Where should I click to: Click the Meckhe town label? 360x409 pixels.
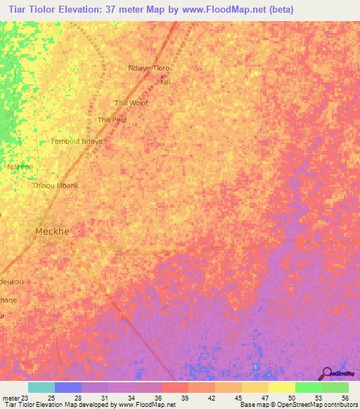(x=53, y=231)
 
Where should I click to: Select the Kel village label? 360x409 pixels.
(x=165, y=82)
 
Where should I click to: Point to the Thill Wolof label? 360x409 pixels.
(x=131, y=103)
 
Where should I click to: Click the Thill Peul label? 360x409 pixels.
(x=112, y=120)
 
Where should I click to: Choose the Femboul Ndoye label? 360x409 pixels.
(x=77, y=141)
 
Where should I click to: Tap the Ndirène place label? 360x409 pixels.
(x=19, y=167)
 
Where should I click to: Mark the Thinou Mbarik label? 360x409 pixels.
(x=55, y=186)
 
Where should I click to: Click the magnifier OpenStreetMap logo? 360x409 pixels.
(x=327, y=373)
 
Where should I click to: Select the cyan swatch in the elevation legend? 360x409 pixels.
(x=41, y=387)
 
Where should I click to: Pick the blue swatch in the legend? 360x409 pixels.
(x=68, y=387)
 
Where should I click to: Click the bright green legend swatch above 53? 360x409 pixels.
(x=308, y=387)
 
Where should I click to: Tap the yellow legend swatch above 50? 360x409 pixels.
(x=281, y=387)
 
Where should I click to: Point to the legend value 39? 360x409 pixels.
(x=185, y=398)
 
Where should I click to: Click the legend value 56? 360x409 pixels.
(x=345, y=398)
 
